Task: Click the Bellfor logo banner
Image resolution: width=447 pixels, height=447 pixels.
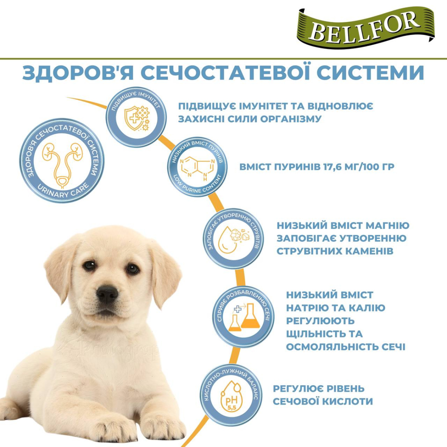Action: click(366, 27)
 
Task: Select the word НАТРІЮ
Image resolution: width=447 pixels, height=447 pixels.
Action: click(311, 308)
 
